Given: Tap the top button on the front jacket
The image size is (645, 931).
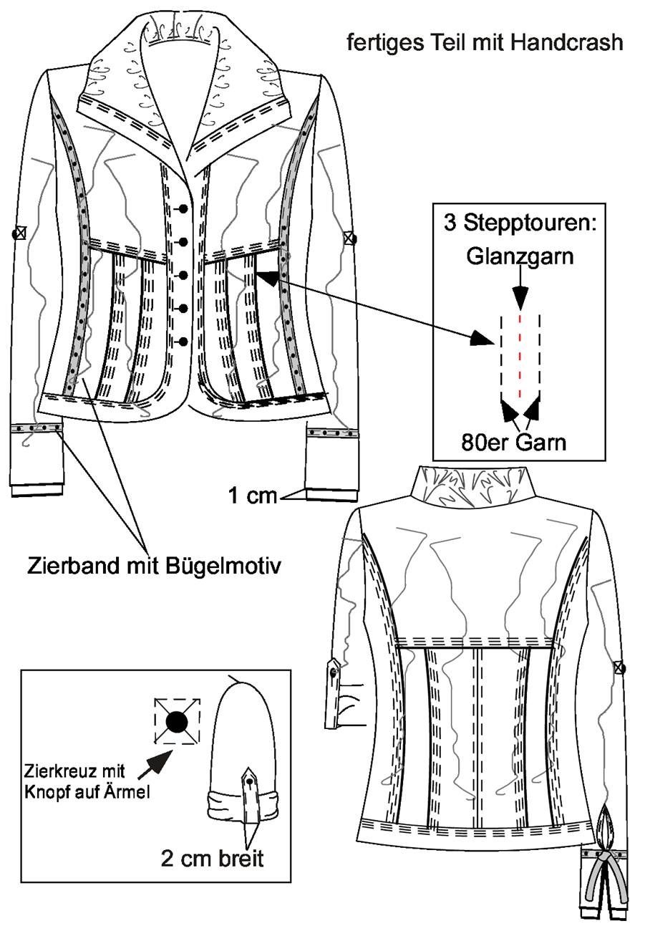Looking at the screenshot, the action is pyautogui.click(x=184, y=208).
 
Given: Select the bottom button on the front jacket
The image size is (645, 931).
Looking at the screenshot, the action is pyautogui.click(x=184, y=342).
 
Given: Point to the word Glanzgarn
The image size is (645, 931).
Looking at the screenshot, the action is pyautogui.click(x=520, y=256).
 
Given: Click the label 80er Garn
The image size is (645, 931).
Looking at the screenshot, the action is pyautogui.click(x=514, y=443).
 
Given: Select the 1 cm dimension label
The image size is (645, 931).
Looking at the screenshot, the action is pyautogui.click(x=252, y=496).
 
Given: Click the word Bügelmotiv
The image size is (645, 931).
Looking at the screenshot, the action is pyautogui.click(x=223, y=566).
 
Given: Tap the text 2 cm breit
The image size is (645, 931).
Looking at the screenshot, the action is pyautogui.click(x=213, y=858).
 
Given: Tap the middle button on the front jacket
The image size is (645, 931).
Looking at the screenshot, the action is pyautogui.click(x=184, y=275).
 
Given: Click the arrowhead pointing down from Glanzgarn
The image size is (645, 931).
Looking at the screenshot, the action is pyautogui.click(x=520, y=299).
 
